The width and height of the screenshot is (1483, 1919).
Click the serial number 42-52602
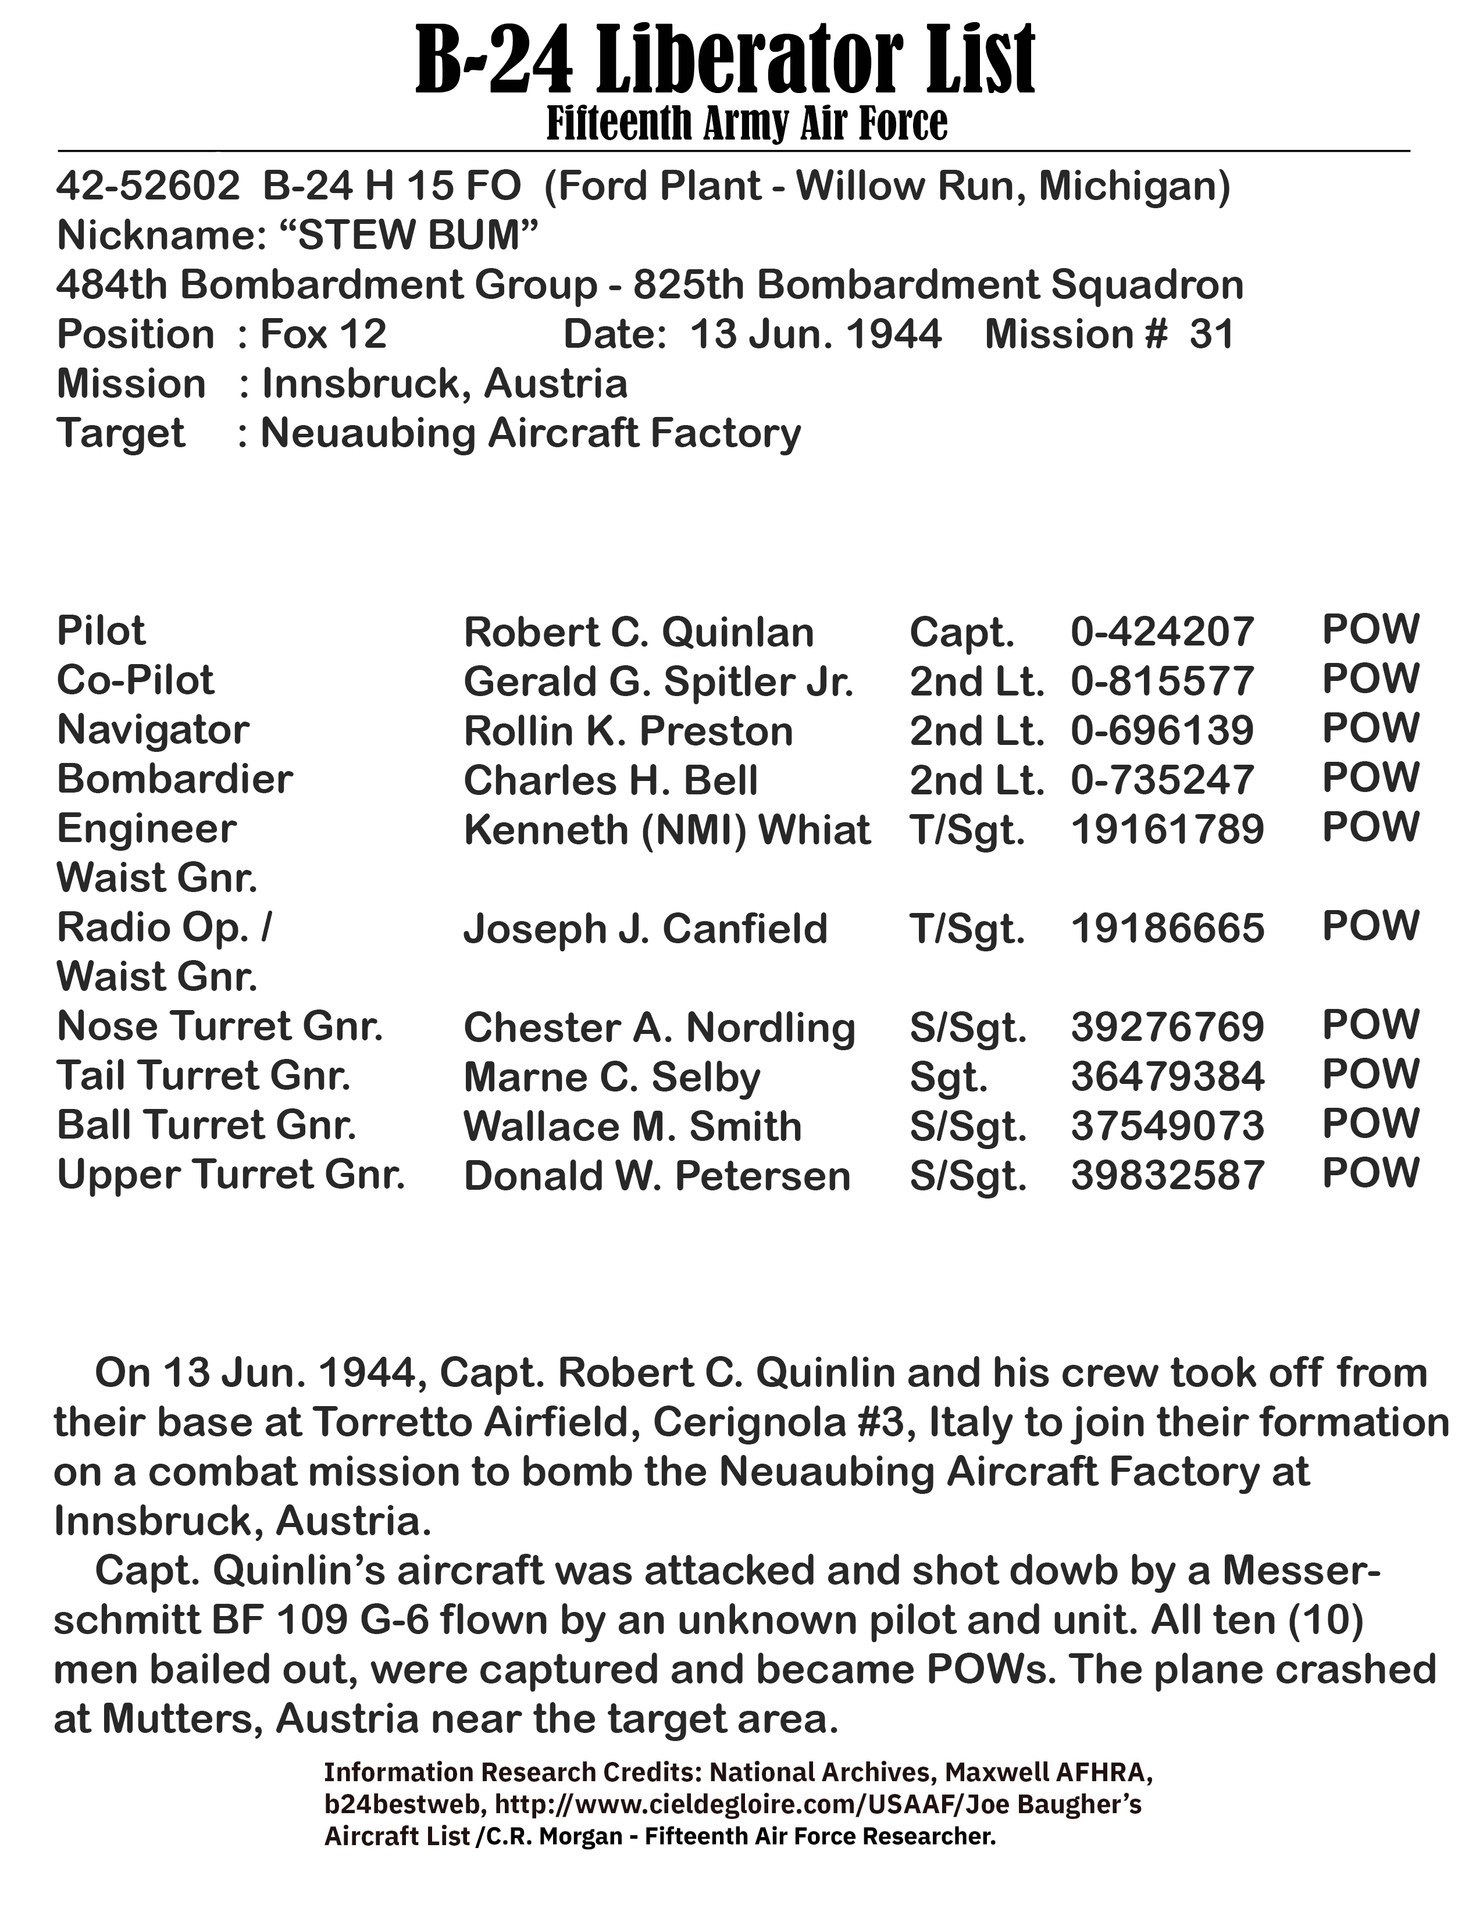coord(148,186)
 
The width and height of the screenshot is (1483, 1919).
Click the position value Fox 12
coord(323,335)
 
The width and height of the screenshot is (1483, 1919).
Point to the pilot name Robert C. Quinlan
coord(639,633)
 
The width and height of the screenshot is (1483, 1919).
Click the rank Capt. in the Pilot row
coord(962,633)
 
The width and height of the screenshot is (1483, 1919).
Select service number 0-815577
coord(1161,682)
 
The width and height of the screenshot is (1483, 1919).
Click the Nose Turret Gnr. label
coord(220,1026)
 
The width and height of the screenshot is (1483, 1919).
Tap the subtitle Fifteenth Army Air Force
coord(747,124)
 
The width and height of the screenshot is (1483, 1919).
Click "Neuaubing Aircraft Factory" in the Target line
coord(530,433)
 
